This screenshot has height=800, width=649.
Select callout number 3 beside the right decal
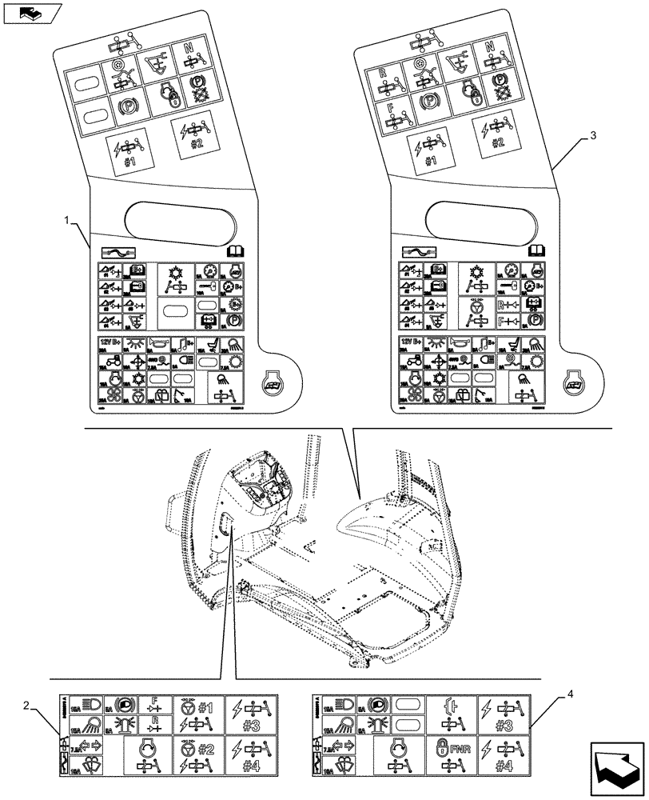click(x=592, y=137)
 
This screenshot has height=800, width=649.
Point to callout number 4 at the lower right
click(x=568, y=694)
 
